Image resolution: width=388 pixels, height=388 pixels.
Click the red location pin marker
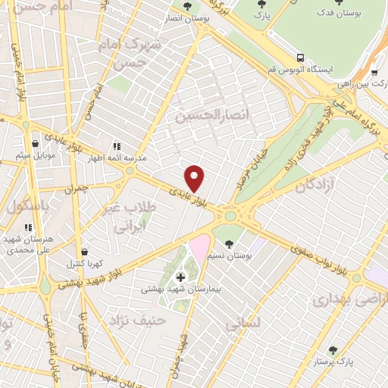pos(195,178)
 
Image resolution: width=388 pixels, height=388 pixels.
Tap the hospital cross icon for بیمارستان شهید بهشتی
pos(180,277)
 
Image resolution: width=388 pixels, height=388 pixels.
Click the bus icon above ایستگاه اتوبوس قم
pos(301,57)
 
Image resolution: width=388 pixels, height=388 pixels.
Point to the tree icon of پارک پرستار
pos(332,350)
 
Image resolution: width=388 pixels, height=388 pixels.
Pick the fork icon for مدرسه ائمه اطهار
pos(116,146)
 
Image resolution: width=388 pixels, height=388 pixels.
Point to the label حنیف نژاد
pos(137,320)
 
